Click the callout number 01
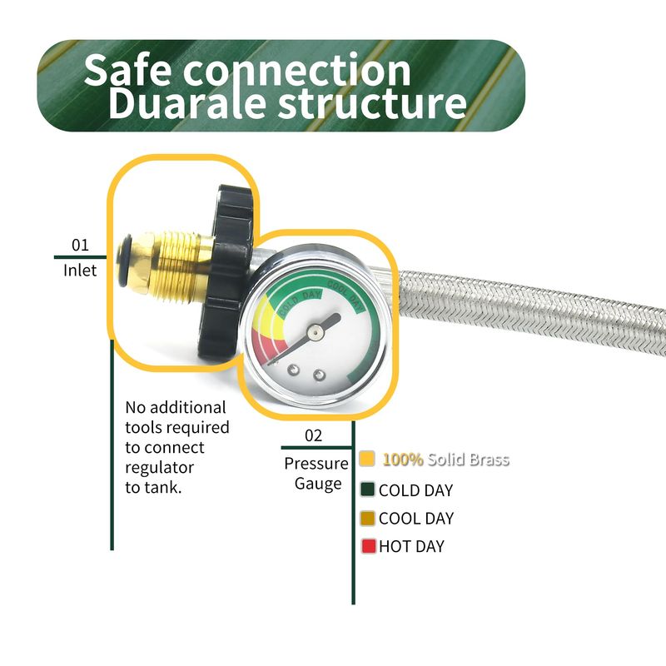coord(80,245)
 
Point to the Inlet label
coord(80,270)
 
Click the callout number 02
coord(313,435)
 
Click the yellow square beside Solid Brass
coord(367,459)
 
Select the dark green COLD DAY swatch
coord(368,490)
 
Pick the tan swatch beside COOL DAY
coord(368,518)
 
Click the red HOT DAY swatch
coord(368,546)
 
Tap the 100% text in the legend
coord(403,459)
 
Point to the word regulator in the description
coord(159,467)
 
